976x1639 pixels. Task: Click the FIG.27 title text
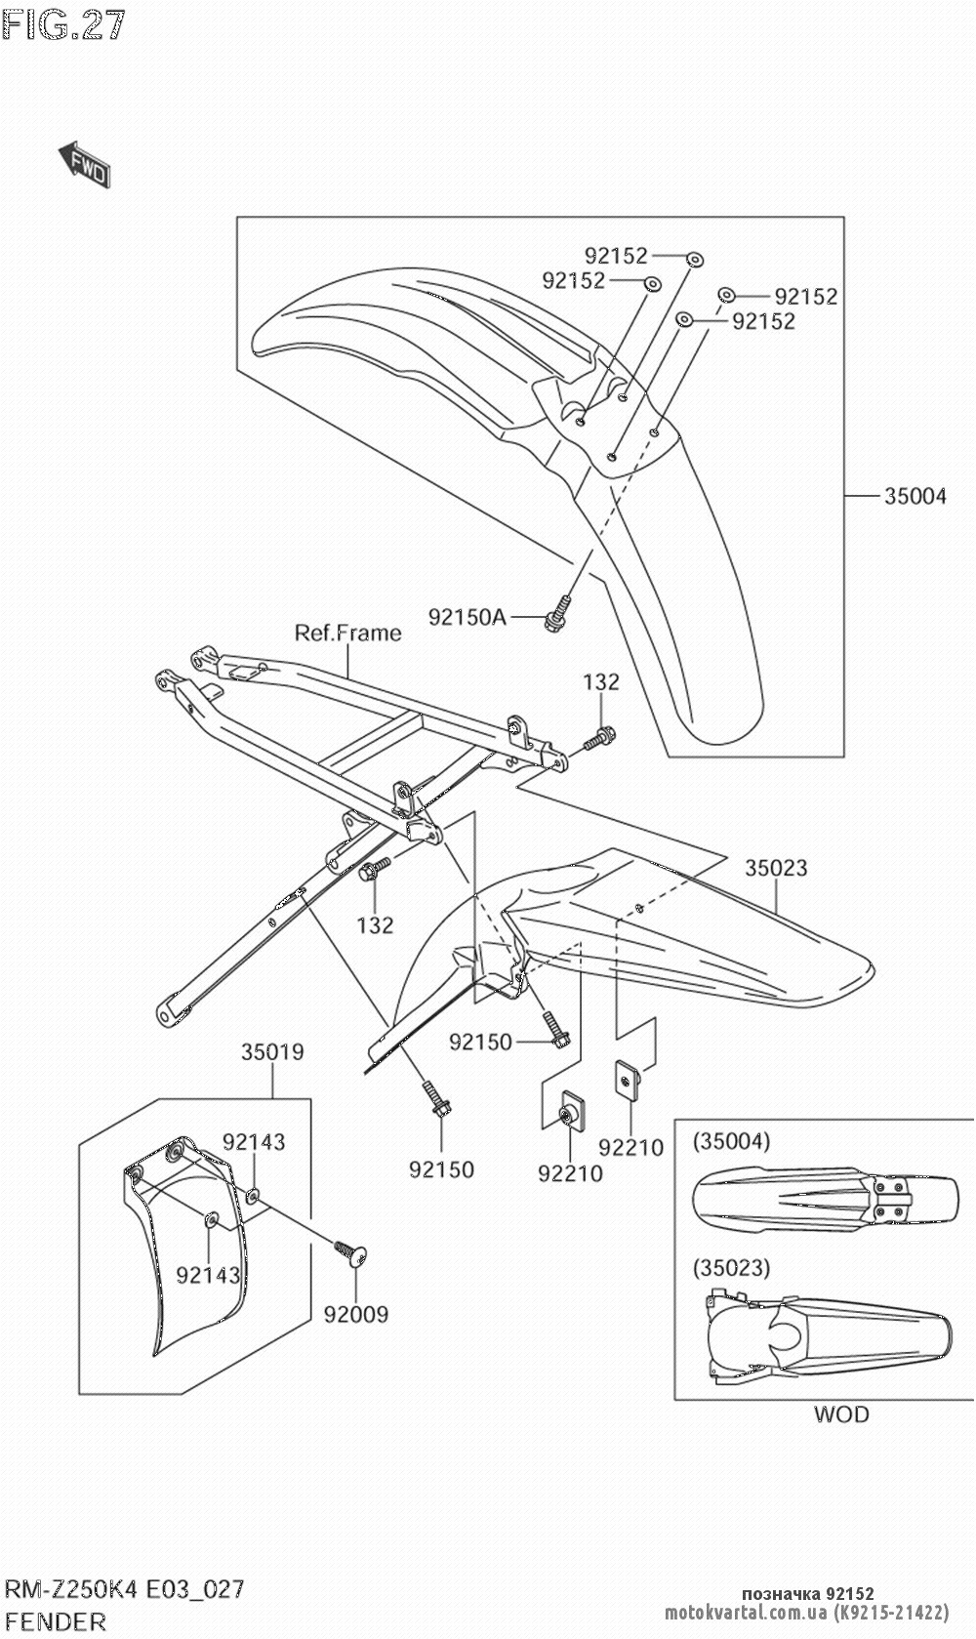64,23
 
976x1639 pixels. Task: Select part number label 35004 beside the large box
915,496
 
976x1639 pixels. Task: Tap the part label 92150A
467,617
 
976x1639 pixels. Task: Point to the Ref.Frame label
347,633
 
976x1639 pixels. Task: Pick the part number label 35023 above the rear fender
776,867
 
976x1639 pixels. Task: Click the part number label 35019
272,1052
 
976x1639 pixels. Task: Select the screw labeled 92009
349,1252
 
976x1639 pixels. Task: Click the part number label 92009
356,1314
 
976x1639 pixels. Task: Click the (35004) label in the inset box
731,1140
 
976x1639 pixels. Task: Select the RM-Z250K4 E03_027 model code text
123,1589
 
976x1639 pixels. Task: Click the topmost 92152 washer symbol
695,259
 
